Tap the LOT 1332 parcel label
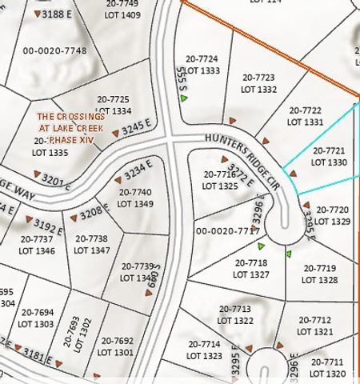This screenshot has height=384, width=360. point(258,89)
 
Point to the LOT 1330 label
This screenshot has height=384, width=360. point(329,162)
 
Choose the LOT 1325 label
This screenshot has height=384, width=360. point(220,185)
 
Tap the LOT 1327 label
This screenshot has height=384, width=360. point(252,273)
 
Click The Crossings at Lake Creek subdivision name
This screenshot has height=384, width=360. point(70,128)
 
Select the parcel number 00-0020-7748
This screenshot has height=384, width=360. point(55,50)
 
